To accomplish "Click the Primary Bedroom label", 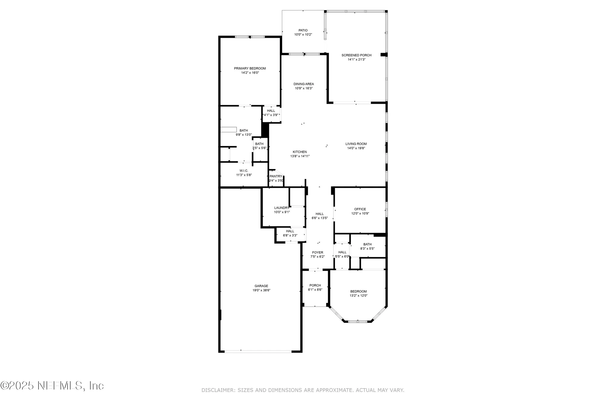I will point(250,68).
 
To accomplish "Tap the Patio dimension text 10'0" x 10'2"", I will point(303,35).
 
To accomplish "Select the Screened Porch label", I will point(356,55).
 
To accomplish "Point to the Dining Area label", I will point(304,84).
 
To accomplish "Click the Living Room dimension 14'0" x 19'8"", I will point(356,148).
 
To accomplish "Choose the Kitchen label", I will point(300,152).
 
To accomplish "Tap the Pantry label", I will point(276,176).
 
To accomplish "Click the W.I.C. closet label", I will point(244,171).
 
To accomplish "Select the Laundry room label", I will point(281,208).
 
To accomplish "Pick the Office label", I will point(360,209).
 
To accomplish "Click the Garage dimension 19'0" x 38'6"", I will point(261,290).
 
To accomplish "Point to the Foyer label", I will point(318,252).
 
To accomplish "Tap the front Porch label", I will point(315,285).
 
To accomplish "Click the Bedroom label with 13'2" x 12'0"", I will point(358,291).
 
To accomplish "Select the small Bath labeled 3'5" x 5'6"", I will point(259,144).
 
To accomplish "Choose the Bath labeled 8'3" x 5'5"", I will point(367,244).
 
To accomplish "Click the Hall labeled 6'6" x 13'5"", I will point(320,214).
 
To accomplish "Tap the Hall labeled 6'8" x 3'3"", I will point(290,231).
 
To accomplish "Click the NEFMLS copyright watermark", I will point(52,386).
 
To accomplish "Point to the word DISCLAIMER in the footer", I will point(218,390).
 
